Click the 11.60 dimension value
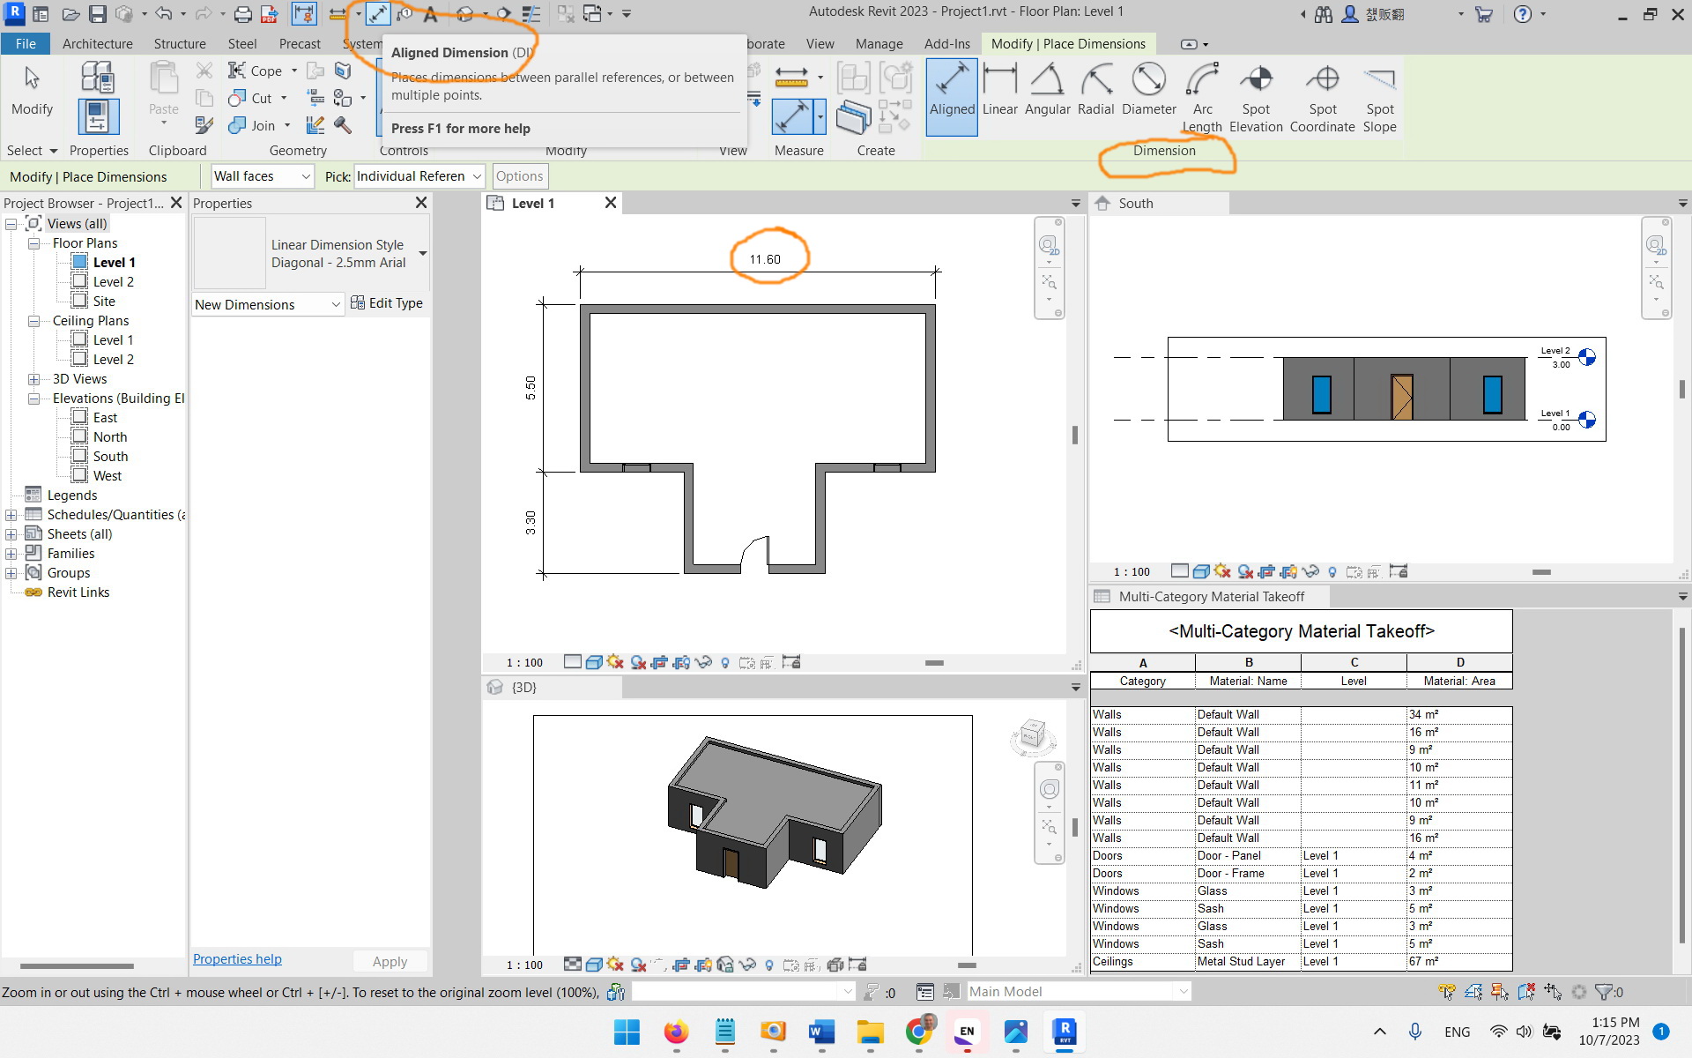[765, 259]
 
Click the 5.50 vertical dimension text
[531, 387]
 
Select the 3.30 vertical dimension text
[531, 522]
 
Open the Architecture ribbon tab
[97, 43]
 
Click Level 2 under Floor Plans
[113, 282]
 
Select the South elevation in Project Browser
[110, 457]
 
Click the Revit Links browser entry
[78, 592]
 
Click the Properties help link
[237, 959]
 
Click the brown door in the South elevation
[1401, 396]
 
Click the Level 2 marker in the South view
[1587, 357]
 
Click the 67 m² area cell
[1423, 962]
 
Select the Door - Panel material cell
[1228, 856]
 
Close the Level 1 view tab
[610, 204]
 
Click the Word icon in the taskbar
[821, 1032]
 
